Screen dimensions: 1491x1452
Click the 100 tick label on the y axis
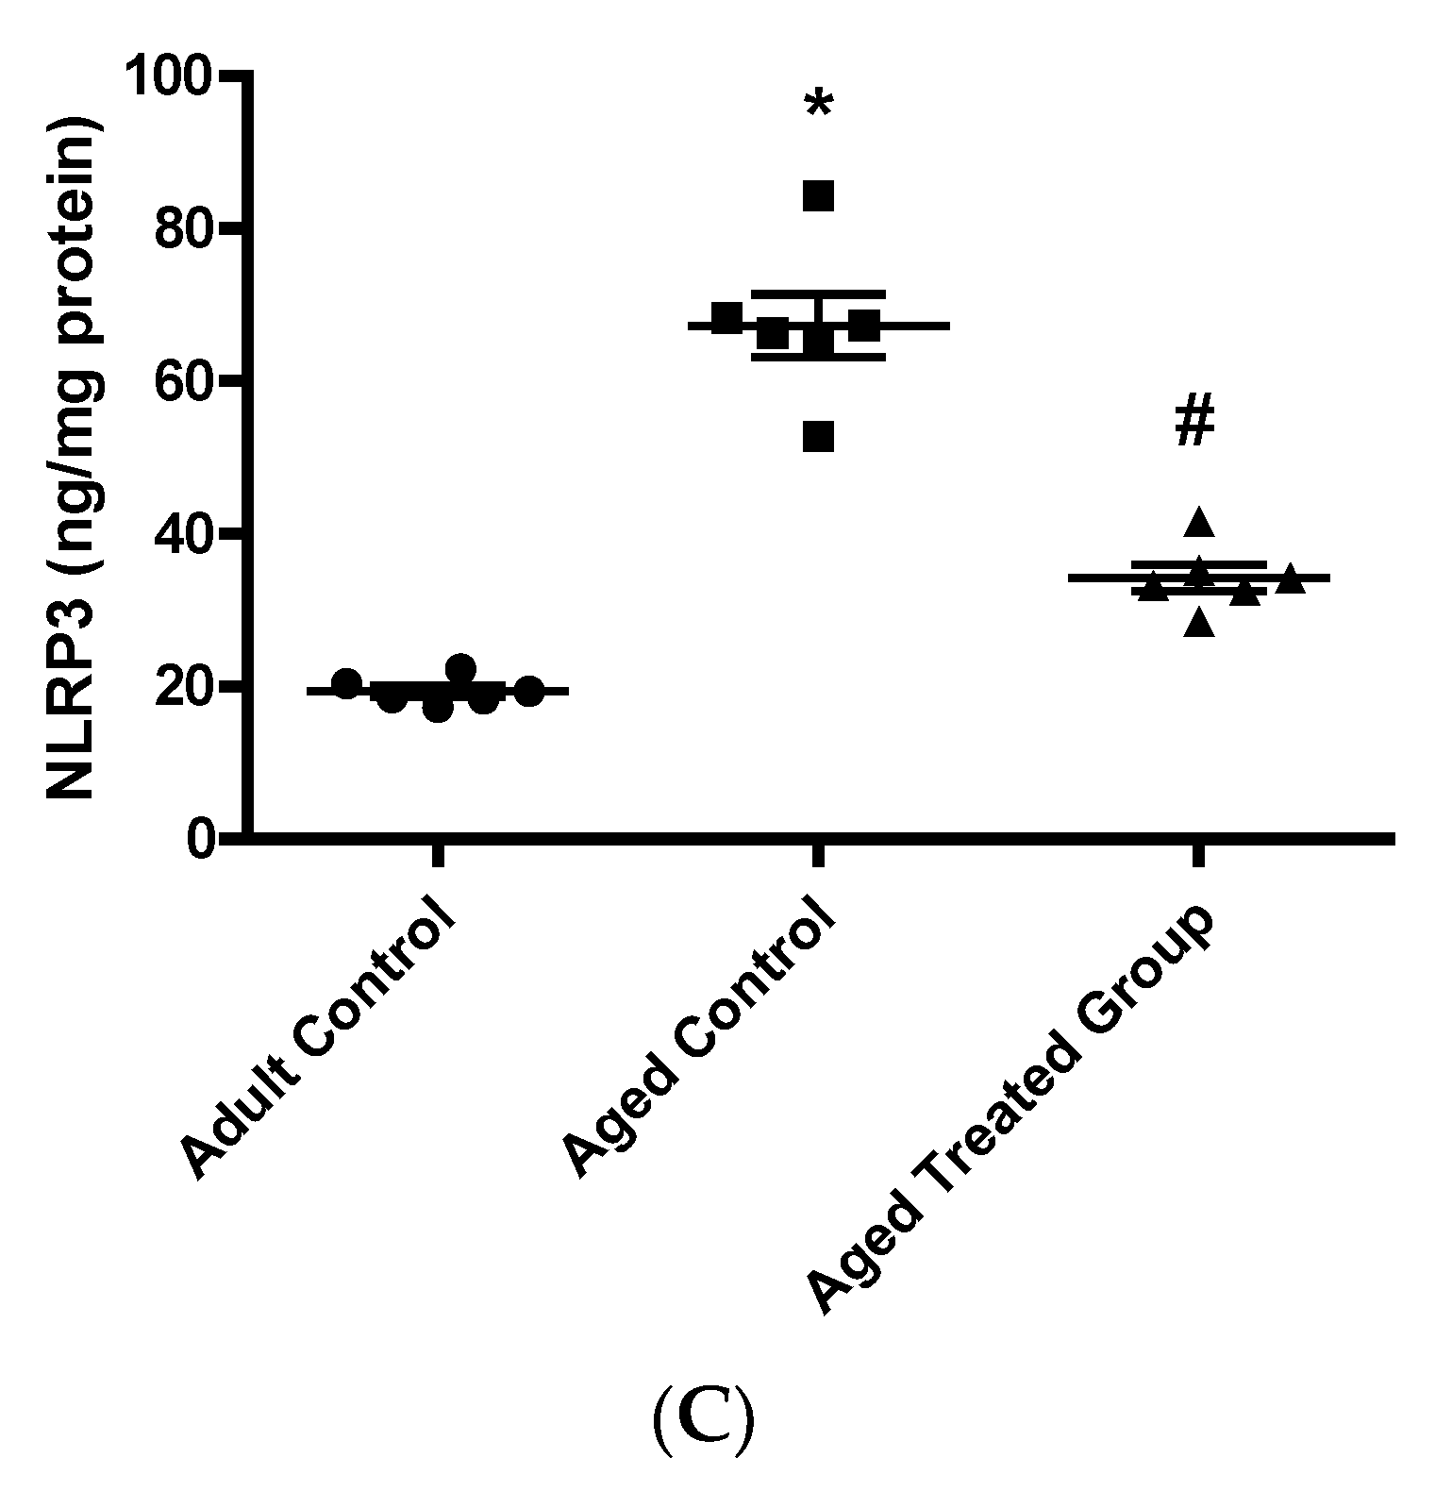[x=180, y=77]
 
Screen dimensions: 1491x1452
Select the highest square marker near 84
[x=818, y=196]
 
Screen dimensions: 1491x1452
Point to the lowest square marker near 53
[x=818, y=437]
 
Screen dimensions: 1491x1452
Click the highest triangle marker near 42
[x=1199, y=521]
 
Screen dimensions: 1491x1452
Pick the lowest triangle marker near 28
[x=1199, y=623]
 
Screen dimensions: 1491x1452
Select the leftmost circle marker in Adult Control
[x=347, y=683]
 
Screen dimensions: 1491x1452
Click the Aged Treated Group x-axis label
[x=1010, y=1114]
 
